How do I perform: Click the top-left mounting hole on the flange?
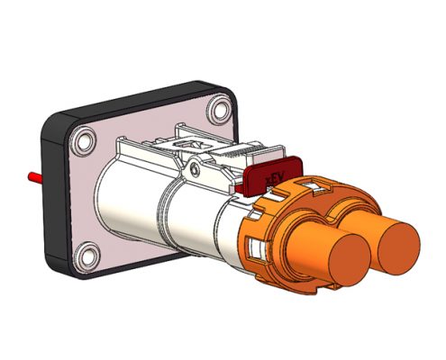click(x=84, y=139)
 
